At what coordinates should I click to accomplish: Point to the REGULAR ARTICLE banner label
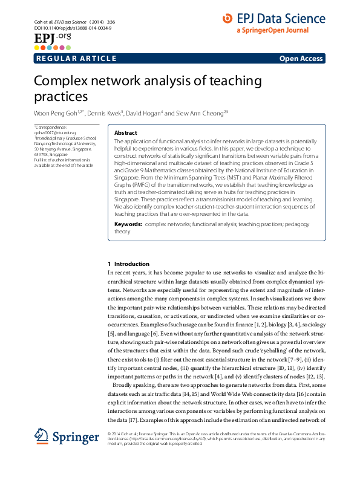[76, 59]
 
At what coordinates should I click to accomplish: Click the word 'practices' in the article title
[61, 96]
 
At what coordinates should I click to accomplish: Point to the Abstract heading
[126, 133]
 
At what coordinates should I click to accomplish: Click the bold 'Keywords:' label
[128, 224]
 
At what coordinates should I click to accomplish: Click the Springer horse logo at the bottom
[41, 436]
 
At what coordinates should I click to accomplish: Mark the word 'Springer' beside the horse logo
[75, 437]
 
